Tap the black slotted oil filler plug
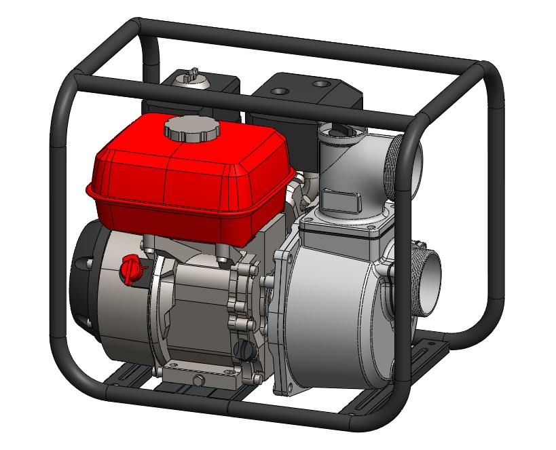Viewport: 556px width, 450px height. point(242,351)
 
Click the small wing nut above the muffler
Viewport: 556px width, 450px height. point(192,73)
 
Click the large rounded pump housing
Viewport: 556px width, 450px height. point(333,312)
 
